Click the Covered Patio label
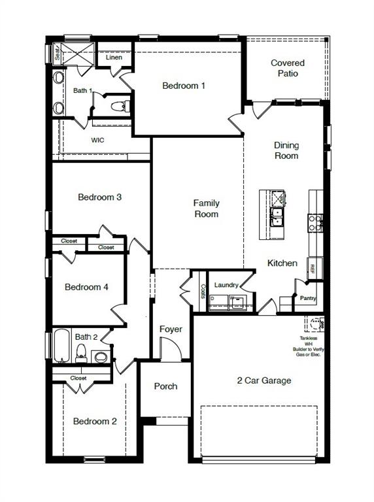pos(288,68)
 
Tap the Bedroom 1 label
pos(184,86)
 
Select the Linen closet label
pos(114,58)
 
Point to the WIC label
pos(97,140)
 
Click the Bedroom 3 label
pos(100,197)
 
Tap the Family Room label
pos(206,209)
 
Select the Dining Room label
pos(286,151)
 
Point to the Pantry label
pos(308,299)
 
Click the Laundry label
pos(226,285)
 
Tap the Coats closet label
pos(203,290)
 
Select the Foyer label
pos(171,329)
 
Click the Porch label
pos(165,386)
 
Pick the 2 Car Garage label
pos(263,380)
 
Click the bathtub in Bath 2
pos(61,346)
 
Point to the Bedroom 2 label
pos(95,421)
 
